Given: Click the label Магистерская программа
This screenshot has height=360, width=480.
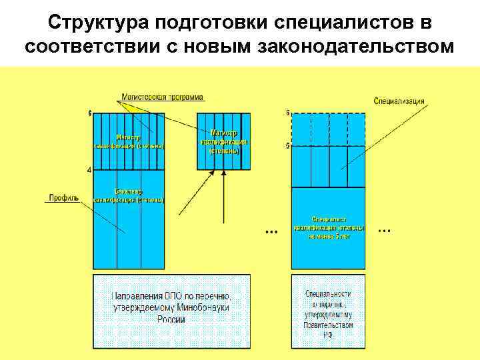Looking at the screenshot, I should pos(162,97).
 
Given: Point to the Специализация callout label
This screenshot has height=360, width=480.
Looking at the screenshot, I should pos(399,101).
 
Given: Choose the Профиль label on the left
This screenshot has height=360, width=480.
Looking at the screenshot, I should pos(63,197).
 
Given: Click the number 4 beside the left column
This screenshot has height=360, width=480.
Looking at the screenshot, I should pos(90,170).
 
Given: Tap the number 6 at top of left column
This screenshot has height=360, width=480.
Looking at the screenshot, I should pos(90,113).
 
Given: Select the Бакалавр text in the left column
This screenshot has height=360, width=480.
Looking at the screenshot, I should pos(128,191).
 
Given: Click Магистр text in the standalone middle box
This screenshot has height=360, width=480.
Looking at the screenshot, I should pos(224,133).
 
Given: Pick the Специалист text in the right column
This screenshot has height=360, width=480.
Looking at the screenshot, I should pos(329,219).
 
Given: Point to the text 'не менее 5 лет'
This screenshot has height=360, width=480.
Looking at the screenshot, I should pos(329,235).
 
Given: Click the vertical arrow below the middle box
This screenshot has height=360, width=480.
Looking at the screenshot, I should pos(224,193).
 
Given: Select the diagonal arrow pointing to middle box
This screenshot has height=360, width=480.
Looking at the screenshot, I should pos(197,193).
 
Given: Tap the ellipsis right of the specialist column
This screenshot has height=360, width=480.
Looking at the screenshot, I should pos(384,231).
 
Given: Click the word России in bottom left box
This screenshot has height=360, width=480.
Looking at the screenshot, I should pos(171,319).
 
